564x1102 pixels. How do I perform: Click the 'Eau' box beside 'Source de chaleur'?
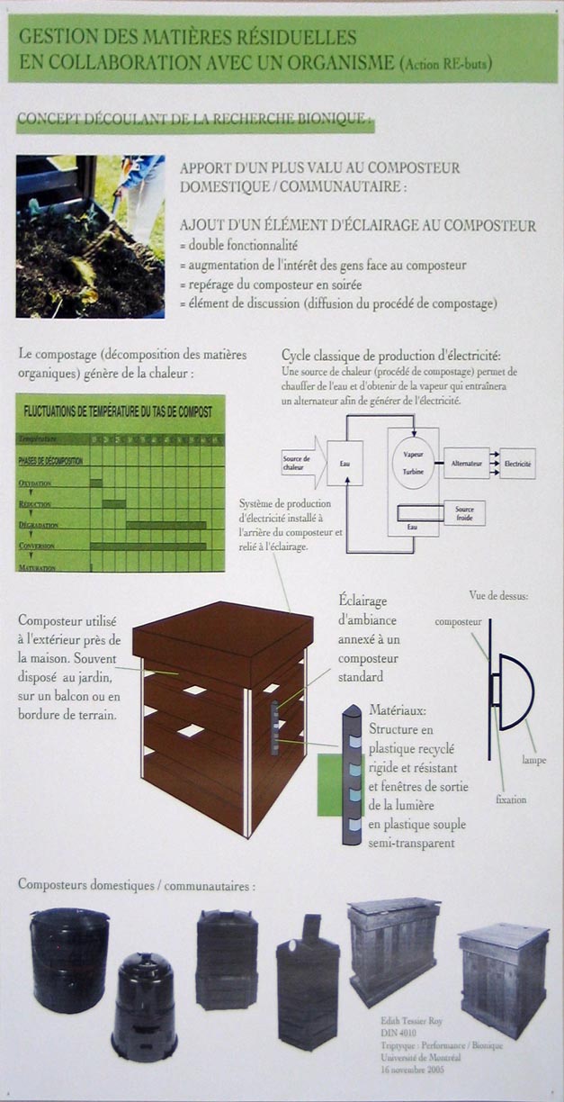coord(345,463)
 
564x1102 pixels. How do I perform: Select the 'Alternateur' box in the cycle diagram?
coord(467,463)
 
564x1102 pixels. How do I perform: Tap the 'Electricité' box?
coord(517,463)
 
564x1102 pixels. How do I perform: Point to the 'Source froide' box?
coord(464,513)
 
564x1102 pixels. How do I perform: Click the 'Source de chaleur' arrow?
coord(300,462)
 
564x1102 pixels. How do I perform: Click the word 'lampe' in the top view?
coord(535,761)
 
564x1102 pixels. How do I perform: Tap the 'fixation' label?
coord(510,799)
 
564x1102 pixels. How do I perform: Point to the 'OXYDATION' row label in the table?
coord(36,483)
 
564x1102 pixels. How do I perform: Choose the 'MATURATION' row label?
coord(38,568)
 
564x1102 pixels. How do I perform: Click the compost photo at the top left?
coord(90,236)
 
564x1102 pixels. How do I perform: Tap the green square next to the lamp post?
coord(330,785)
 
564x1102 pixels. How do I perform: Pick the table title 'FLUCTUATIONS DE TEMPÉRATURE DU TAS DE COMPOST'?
coord(118,411)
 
